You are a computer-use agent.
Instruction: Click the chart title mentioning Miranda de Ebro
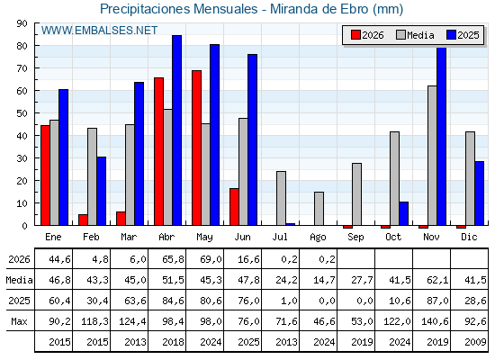click(x=251, y=9)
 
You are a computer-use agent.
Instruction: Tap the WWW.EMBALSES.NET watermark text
click(x=99, y=31)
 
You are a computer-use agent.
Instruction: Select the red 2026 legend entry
click(x=367, y=35)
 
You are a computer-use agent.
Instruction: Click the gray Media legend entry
click(x=415, y=35)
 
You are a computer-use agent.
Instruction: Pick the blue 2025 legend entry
click(x=463, y=35)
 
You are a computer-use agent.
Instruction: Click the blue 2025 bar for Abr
click(x=176, y=130)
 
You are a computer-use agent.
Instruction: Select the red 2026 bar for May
click(x=197, y=148)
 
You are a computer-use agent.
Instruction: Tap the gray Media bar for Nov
click(x=432, y=156)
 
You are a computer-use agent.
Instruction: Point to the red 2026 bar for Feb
click(x=83, y=220)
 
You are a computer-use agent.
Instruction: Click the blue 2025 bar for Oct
click(x=404, y=213)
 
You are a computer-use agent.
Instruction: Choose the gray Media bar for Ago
click(x=319, y=209)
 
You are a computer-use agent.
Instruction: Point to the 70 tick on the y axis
click(x=22, y=68)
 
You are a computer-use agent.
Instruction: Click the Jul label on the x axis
click(x=280, y=238)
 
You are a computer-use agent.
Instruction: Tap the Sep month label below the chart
click(x=355, y=238)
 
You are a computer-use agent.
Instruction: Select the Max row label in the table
click(x=19, y=321)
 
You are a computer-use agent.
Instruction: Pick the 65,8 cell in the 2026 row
click(x=173, y=259)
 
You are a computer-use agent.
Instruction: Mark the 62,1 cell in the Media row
click(x=437, y=280)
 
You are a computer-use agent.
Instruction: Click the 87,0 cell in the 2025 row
click(x=437, y=301)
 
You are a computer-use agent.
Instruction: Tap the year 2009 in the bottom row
click(x=475, y=342)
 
